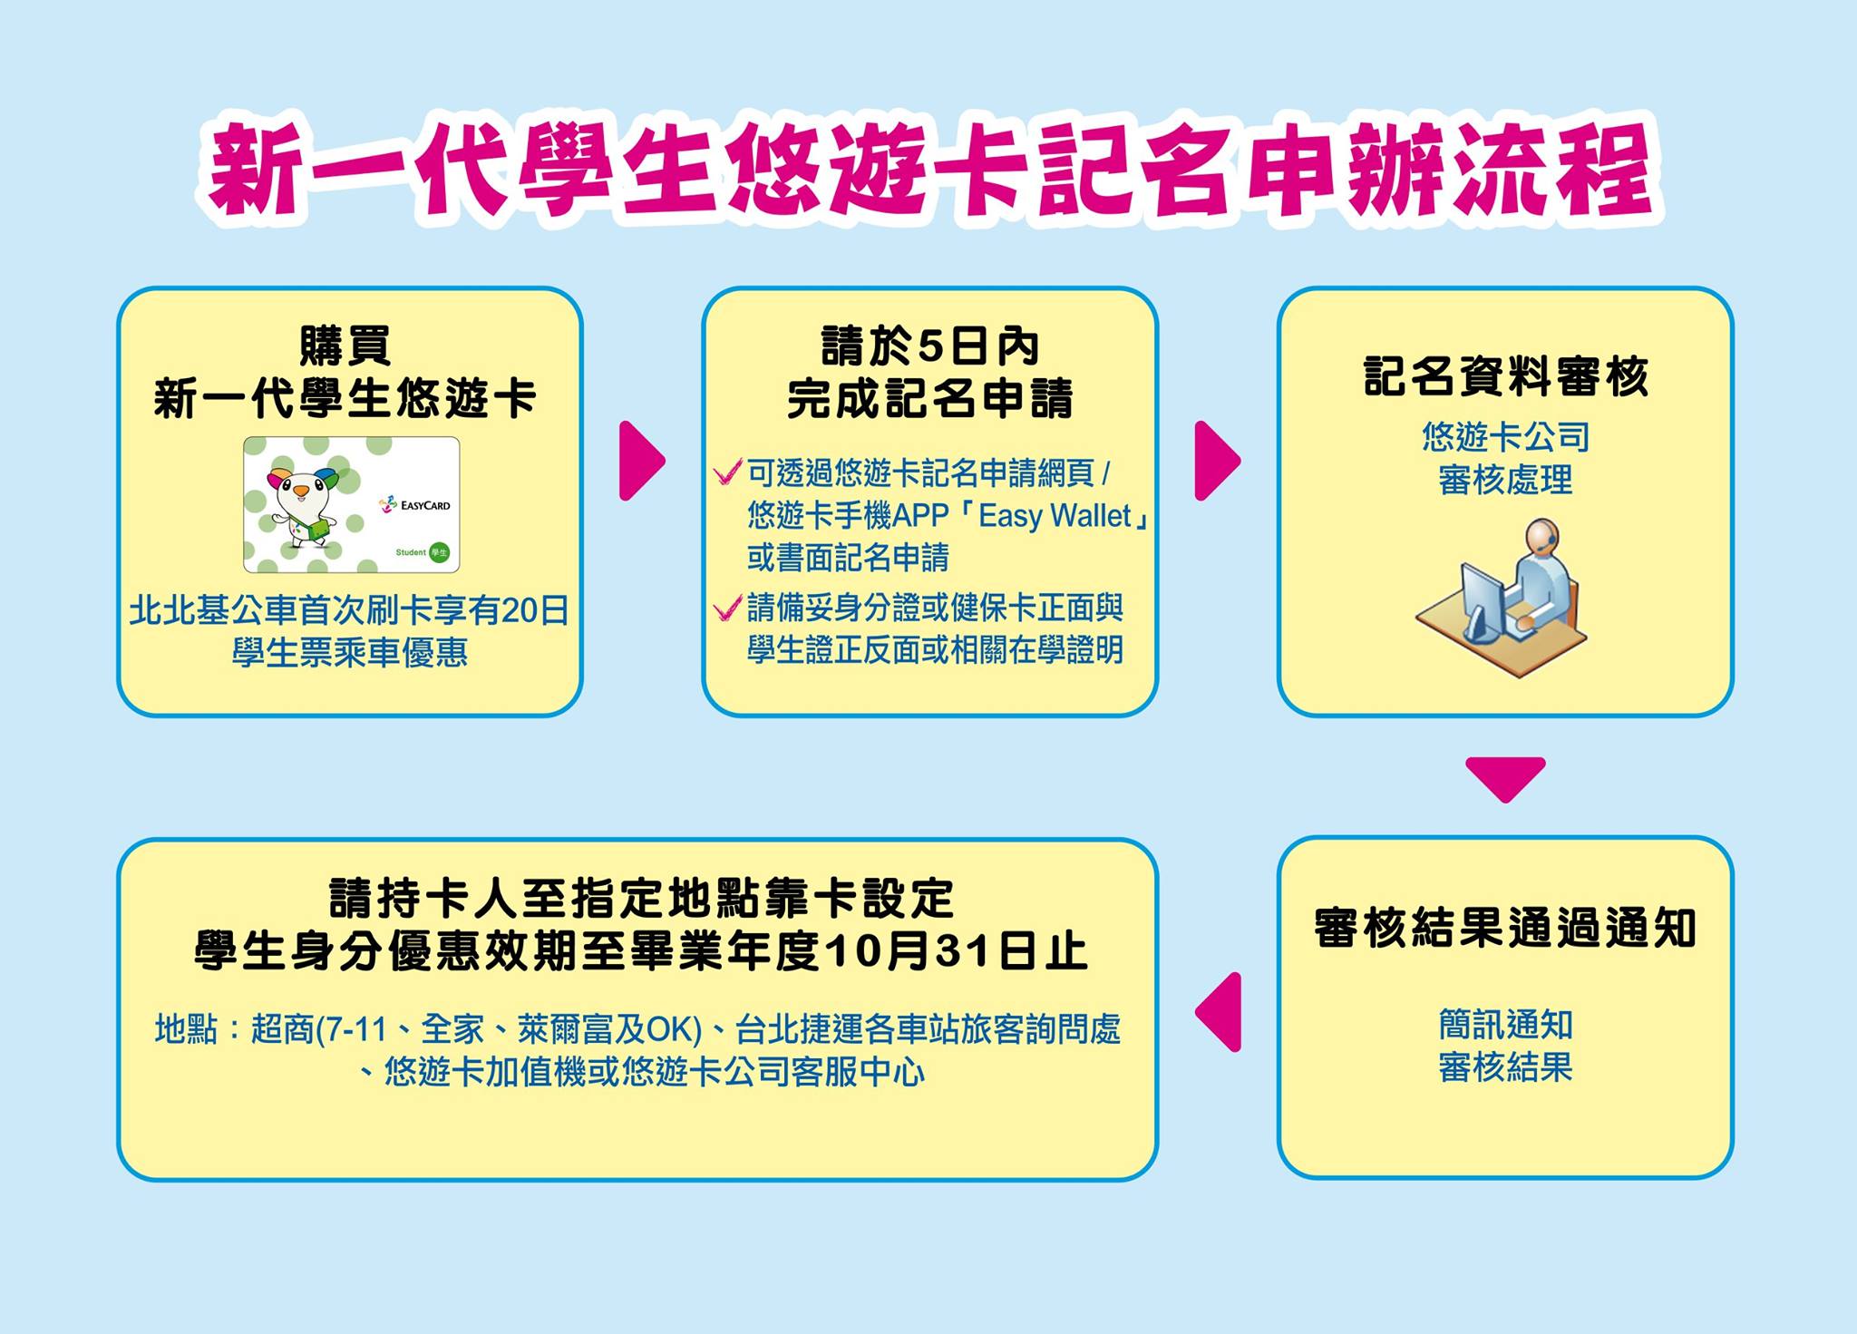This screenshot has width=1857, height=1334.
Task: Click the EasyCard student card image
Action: [351, 504]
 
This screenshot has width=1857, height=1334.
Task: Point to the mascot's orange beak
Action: [300, 491]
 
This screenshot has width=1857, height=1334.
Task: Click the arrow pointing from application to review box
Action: [1217, 461]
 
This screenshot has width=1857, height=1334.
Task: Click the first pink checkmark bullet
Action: [727, 472]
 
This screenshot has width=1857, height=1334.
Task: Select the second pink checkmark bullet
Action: [727, 608]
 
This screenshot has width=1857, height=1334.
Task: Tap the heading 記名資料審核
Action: [1505, 376]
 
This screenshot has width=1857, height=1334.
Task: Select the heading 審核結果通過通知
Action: [1505, 928]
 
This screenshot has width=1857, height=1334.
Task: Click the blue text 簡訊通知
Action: [1505, 1025]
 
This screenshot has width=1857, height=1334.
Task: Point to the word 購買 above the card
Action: [345, 346]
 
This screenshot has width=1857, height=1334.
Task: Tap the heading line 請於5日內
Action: [929, 346]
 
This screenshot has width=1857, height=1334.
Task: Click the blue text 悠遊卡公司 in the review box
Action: [1505, 437]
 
